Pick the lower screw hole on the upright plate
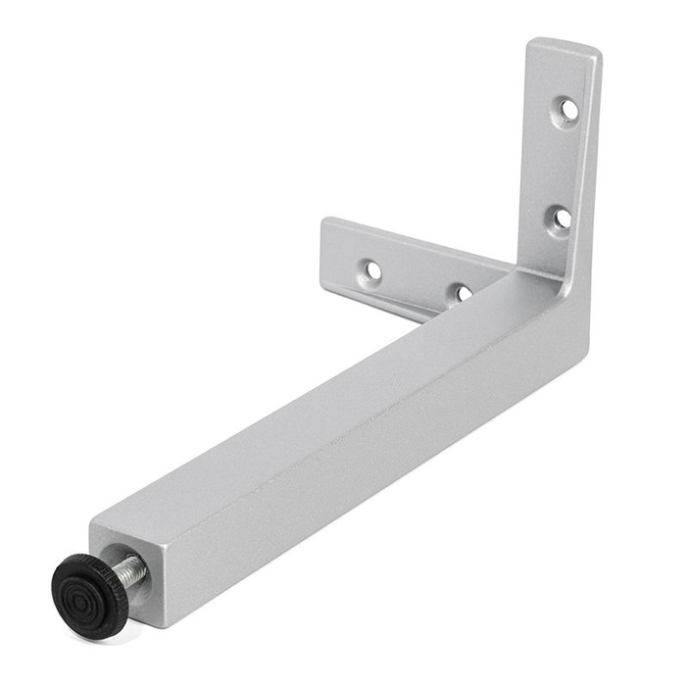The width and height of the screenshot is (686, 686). [560, 217]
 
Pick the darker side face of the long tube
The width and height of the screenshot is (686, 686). [372, 461]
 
